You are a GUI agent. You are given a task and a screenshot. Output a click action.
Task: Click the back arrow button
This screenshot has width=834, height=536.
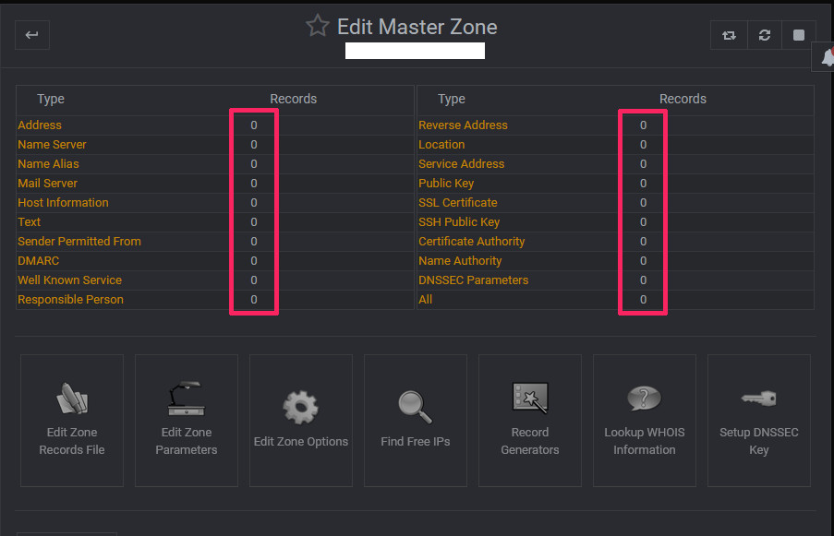pos(32,35)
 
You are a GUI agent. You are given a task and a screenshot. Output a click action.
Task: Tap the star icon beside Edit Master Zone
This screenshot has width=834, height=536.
pos(318,26)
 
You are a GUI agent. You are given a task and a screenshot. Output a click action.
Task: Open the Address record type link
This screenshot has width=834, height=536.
pos(40,125)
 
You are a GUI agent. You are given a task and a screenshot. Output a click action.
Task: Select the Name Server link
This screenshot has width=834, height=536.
pos(52,145)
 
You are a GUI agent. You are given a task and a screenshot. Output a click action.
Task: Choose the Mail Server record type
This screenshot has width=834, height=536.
pos(47,184)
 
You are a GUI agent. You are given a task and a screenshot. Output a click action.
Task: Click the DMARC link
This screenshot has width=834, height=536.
pos(38,261)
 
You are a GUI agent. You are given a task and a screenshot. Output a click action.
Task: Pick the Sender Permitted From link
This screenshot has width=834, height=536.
pos(79,241)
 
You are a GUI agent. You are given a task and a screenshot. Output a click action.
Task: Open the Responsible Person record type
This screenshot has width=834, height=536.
pos(70,300)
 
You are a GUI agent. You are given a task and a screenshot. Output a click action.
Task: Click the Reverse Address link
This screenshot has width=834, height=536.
pos(463,125)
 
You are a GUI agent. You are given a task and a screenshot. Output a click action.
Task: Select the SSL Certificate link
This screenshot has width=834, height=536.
pos(457,202)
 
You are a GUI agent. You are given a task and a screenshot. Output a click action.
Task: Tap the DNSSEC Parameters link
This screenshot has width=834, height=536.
pos(474,280)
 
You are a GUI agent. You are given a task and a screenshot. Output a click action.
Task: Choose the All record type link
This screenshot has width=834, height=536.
pos(425,300)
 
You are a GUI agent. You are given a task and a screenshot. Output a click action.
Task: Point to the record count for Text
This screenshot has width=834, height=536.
pos(254,222)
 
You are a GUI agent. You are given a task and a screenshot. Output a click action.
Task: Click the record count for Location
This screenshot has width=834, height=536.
pos(643,145)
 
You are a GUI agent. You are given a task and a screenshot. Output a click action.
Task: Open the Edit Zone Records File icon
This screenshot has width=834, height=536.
pos(72,399)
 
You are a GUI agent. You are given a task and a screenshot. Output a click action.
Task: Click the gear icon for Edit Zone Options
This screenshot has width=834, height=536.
pos(300,408)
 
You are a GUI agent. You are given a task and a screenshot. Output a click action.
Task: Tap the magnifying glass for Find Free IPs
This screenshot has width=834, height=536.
pos(415,407)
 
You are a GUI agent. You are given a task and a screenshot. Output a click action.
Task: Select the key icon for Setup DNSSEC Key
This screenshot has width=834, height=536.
pos(758,399)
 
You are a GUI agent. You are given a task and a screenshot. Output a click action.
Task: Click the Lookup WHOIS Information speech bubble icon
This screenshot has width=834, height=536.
pos(644,399)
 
